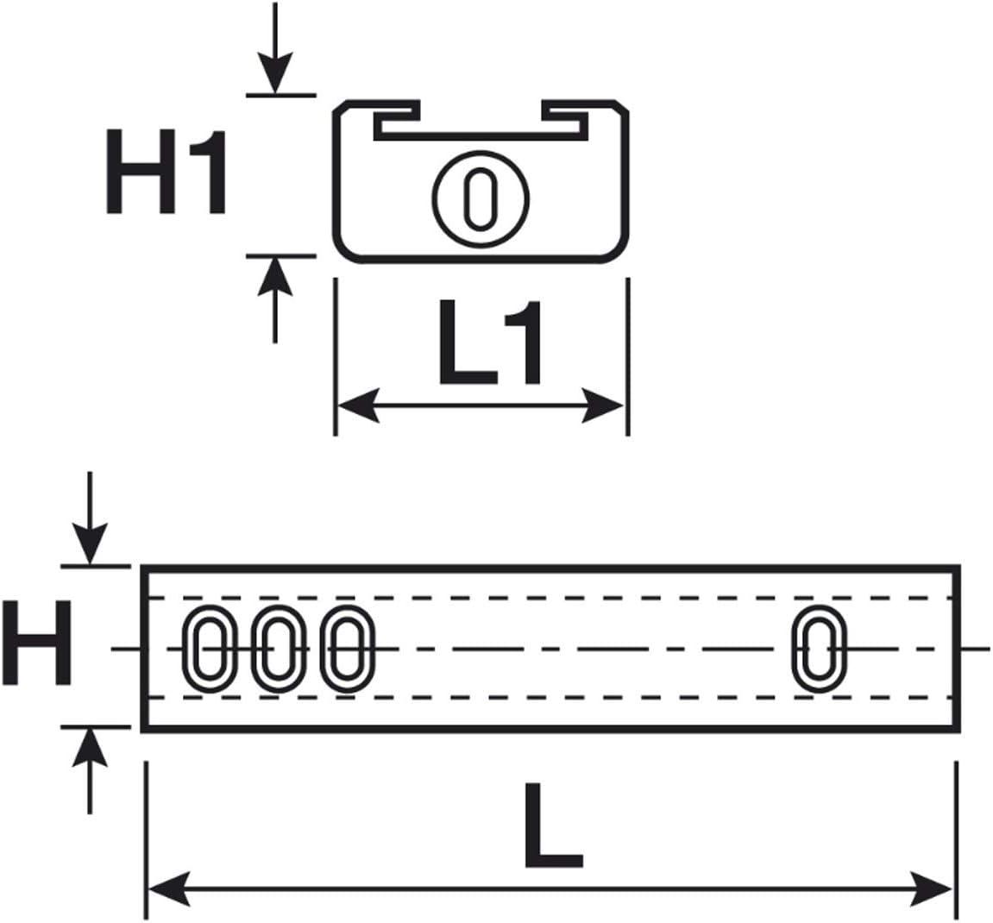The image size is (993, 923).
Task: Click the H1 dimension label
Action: (166, 172)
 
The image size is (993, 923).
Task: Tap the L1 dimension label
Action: (490, 342)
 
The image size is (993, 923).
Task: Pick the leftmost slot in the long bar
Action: (207, 649)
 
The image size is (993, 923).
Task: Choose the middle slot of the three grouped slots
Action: (275, 649)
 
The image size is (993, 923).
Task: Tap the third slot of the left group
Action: (345, 649)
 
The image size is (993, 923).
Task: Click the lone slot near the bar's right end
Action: (820, 649)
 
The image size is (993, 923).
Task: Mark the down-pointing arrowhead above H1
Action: (275, 72)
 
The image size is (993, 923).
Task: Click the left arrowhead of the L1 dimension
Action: (357, 405)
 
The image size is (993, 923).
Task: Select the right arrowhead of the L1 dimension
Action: (604, 405)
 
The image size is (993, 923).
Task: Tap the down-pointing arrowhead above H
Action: (90, 543)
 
